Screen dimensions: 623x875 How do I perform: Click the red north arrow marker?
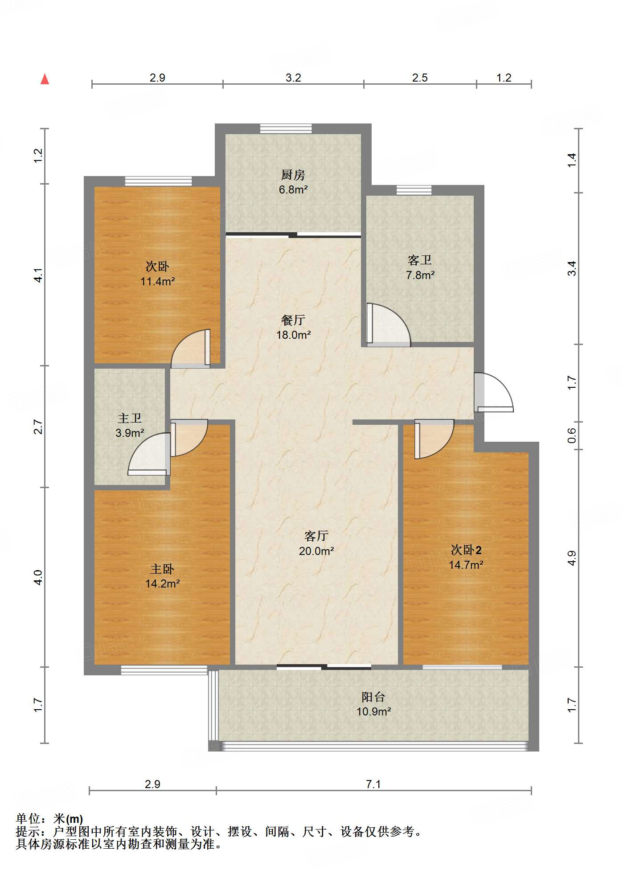pos(45,79)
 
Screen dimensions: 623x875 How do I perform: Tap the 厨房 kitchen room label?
pos(293,175)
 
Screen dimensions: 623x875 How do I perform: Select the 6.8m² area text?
pos(293,189)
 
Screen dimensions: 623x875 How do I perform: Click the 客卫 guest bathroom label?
pos(420,260)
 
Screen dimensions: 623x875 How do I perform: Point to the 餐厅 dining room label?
pos(293,320)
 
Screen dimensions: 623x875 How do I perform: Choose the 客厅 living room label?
pos(316,536)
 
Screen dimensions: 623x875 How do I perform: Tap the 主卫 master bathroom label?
pos(130,418)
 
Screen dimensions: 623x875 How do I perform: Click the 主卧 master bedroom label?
pos(162,569)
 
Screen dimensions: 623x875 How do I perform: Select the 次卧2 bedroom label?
pos(466,550)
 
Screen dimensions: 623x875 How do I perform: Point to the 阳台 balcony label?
pos(373,697)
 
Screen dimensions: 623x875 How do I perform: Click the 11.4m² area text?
pos(157,281)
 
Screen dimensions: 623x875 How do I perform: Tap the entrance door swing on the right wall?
pos(494,392)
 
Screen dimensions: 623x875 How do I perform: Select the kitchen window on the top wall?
pos(286,128)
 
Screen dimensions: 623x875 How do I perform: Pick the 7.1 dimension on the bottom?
pos(373,784)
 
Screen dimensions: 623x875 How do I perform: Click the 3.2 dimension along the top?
pos(293,78)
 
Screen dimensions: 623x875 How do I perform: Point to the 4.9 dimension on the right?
pos(572,558)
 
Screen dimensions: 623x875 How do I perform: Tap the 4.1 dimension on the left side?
pos(39,275)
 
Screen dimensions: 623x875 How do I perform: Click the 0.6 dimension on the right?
pos(572,435)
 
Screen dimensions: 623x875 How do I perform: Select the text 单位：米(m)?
pos(49,819)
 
